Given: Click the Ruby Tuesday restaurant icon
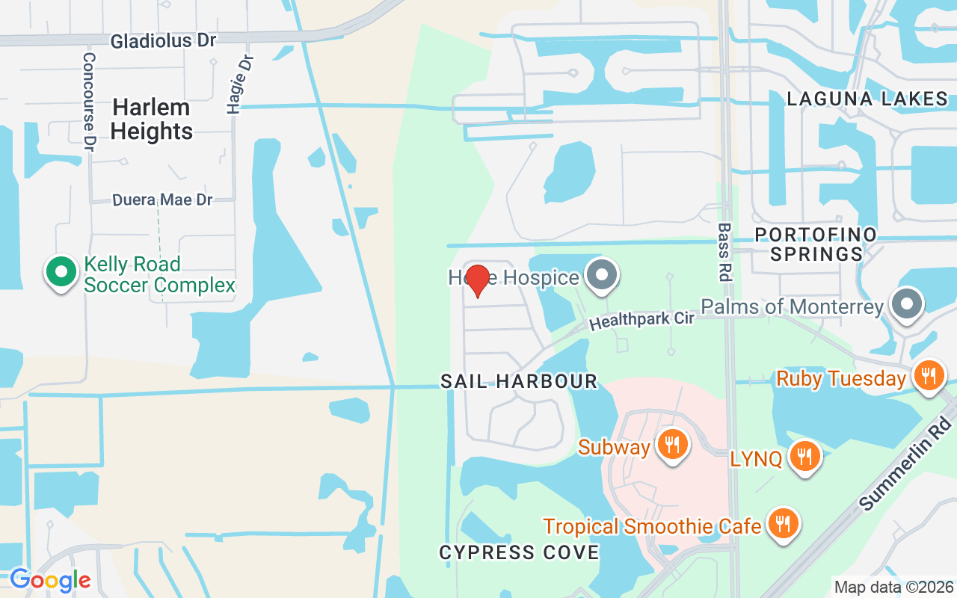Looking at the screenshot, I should coord(929,376).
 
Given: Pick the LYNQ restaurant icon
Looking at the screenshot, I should coord(804,456).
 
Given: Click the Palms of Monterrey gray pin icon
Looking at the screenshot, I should coord(908,305).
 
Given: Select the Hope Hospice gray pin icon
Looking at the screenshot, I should coord(602,275).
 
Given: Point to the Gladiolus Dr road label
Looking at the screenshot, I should coord(163,41).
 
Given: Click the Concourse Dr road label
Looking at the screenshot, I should coord(90,101).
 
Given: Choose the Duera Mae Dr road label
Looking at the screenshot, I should coord(162,200).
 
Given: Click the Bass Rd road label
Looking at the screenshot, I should coord(724,251).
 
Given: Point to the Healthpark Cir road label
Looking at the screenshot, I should coord(641,320).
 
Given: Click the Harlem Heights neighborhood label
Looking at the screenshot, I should coord(152,120).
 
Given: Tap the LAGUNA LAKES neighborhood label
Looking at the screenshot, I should coord(867,99).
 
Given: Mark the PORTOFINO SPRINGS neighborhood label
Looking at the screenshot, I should coord(816,244).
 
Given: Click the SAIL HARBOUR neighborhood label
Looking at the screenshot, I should coord(519,381).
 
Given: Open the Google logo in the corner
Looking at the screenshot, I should coord(50,580).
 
